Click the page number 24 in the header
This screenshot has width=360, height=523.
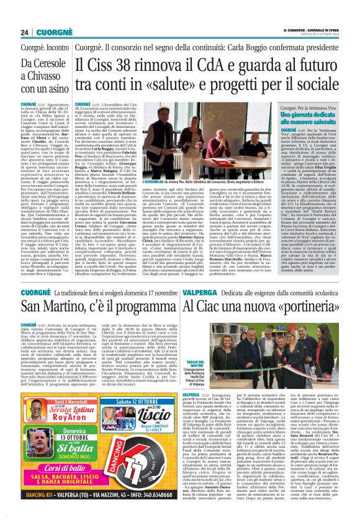(x=24, y=32)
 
